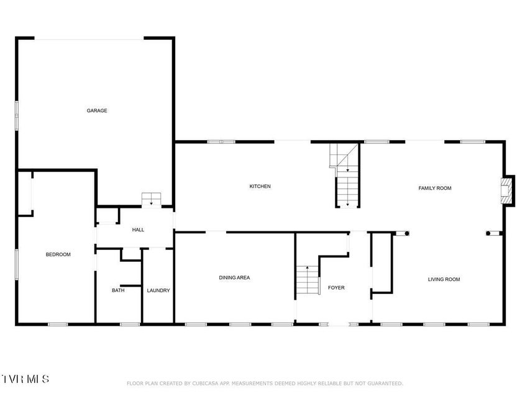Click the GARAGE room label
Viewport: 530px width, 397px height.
97,110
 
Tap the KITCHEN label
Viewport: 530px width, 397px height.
260,186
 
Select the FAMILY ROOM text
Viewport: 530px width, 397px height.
435,188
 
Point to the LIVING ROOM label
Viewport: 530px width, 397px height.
444,279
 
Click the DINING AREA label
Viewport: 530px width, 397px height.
234,277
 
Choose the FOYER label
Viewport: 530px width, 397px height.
336,288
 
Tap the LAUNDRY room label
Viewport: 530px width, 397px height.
158,290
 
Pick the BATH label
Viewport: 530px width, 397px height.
118,290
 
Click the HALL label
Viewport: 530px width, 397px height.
138,230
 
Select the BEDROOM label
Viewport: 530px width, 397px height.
58,254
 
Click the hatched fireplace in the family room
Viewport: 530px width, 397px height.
506,190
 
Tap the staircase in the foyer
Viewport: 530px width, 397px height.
308,280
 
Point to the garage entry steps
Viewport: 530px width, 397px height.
151,199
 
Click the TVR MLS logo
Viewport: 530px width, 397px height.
25,379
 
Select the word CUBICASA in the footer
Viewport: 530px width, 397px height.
205,383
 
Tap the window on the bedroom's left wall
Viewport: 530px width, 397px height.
16,264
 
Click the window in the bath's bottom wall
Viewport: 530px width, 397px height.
130,324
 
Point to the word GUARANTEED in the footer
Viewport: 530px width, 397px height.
385,383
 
